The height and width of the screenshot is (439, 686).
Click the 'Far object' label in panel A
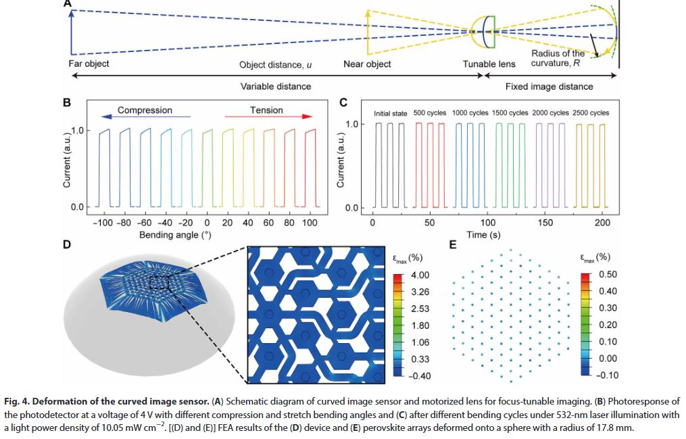(89, 64)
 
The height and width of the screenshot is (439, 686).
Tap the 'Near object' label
(367, 64)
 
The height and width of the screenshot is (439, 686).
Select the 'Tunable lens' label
(489, 64)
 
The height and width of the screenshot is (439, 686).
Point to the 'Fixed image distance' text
(549, 86)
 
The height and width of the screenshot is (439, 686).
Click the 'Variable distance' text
(276, 86)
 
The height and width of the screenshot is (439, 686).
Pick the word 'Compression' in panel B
(145, 110)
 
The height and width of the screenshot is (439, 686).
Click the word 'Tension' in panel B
(266, 110)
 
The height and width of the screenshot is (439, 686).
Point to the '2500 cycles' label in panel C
(590, 113)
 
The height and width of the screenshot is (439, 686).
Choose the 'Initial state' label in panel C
(391, 113)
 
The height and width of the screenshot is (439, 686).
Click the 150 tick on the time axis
(545, 223)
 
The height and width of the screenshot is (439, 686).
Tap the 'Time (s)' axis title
(487, 234)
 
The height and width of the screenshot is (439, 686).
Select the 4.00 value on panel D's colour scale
(420, 276)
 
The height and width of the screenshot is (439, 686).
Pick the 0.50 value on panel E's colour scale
(608, 276)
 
